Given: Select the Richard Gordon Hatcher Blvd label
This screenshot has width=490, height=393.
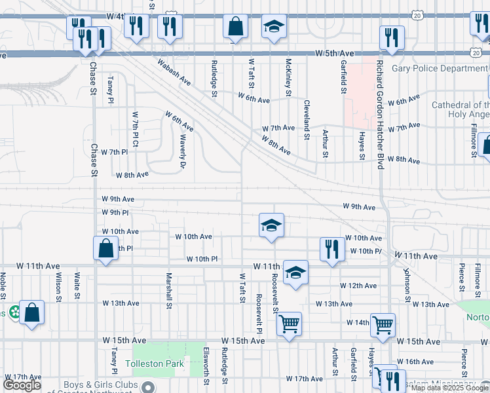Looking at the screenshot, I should coord(379,115).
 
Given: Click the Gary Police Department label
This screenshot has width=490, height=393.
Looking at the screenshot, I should coord(440,69).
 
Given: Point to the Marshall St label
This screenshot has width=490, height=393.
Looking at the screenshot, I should coord(169,290).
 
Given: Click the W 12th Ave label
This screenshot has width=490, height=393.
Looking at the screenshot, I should coord(358,286).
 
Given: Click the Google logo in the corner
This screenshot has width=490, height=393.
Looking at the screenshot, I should coord(22,385).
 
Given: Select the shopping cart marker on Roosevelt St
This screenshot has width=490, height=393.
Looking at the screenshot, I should coord(289,323).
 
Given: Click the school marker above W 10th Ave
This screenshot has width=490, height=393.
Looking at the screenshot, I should coord(271,225).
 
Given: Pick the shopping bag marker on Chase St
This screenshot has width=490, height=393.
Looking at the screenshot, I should coord(105,249).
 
